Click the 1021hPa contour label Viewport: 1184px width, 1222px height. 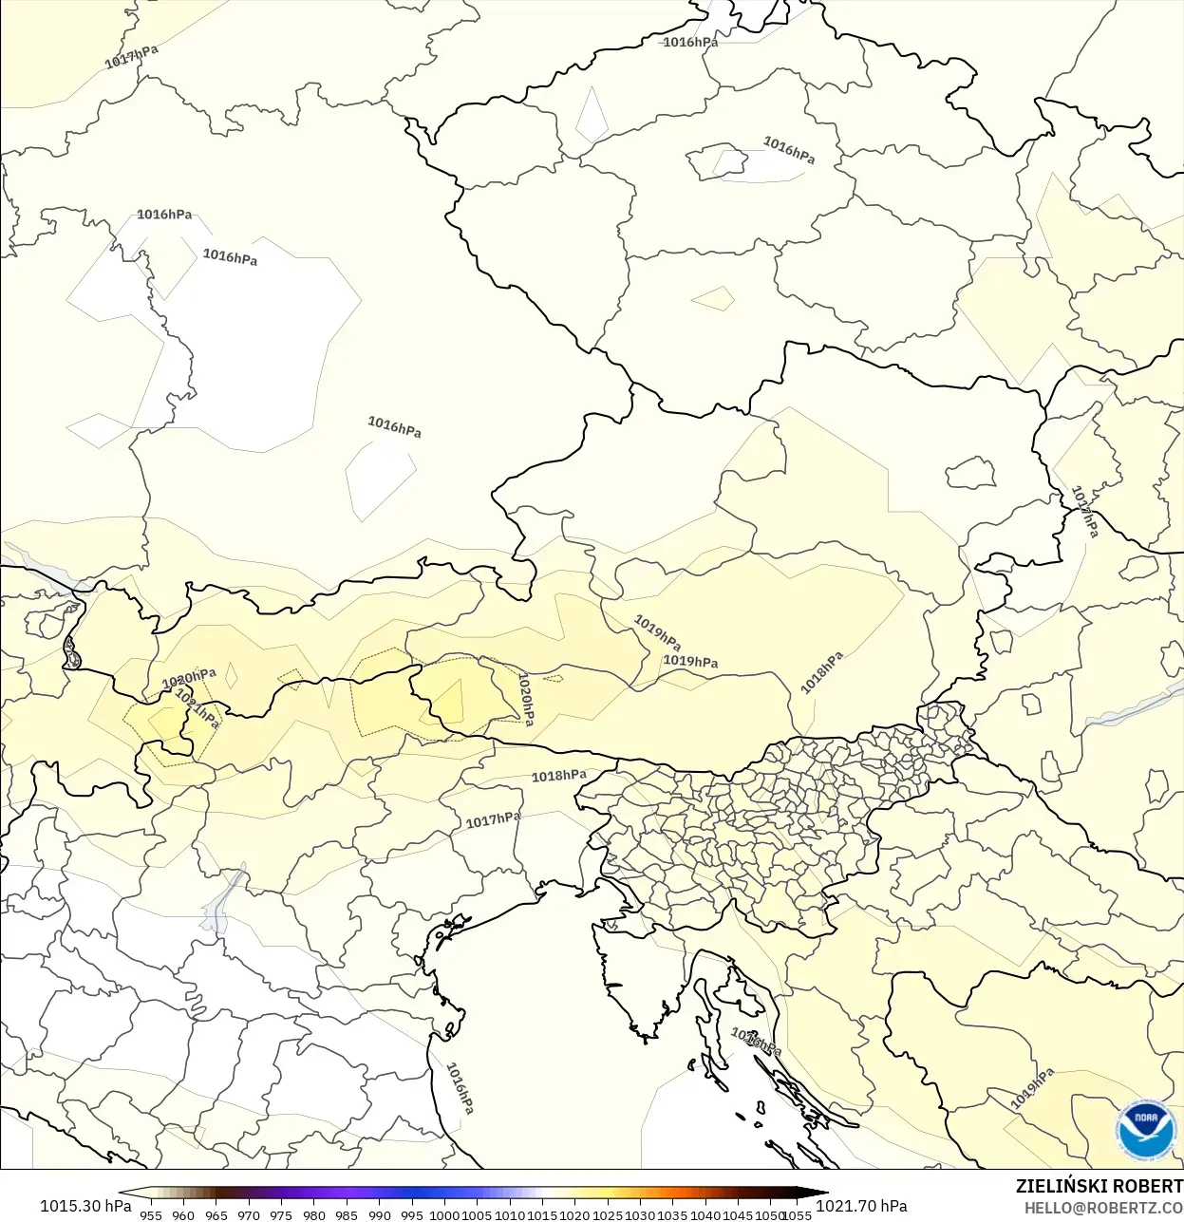[197, 708]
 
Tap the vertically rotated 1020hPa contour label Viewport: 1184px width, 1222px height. [525, 699]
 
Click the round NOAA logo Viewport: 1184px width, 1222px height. [1146, 1128]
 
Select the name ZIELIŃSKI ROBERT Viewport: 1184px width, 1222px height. [1099, 1186]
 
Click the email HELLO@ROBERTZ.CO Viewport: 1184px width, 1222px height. [1103, 1208]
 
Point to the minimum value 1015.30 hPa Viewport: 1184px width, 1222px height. [85, 1206]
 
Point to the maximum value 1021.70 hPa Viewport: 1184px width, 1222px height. [861, 1206]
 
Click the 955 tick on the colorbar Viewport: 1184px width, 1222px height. [151, 1214]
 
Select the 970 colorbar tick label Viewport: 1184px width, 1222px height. [249, 1214]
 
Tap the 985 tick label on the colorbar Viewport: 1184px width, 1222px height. [347, 1214]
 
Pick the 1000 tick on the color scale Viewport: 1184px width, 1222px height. [444, 1214]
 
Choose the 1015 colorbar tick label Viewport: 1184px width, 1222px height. [542, 1214]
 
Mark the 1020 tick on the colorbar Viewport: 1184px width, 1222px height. [574, 1214]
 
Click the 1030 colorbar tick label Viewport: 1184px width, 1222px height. [640, 1214]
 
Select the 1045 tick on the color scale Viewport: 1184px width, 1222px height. [738, 1214]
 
